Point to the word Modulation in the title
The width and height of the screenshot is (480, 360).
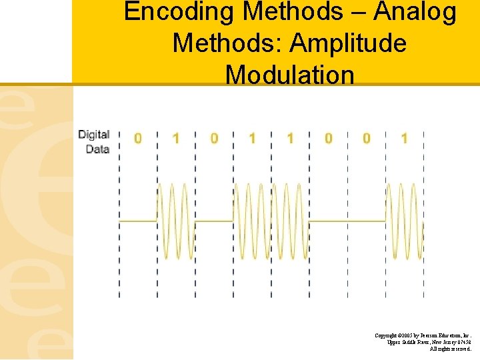point(290,74)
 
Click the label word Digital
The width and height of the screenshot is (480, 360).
point(93,135)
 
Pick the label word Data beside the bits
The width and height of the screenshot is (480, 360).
point(97,149)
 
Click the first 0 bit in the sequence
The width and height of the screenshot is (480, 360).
point(137,139)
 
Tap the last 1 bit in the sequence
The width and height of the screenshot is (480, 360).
point(404,139)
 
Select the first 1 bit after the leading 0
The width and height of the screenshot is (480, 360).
point(175,139)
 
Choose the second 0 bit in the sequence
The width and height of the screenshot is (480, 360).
point(214,139)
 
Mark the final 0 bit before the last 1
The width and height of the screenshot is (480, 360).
point(366,139)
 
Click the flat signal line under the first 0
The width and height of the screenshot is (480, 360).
point(137,221)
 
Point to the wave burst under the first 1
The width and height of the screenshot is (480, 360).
point(175,221)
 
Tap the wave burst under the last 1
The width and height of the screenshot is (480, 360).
point(404,221)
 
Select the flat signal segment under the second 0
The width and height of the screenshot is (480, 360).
point(214,221)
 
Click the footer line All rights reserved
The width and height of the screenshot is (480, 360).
point(451,349)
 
